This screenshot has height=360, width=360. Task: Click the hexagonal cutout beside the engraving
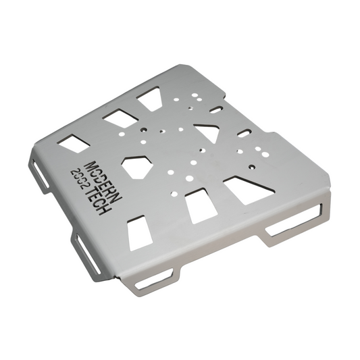point(137,167)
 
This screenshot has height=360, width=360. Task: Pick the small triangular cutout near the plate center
point(207,132)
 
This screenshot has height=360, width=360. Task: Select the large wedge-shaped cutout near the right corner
point(248,190)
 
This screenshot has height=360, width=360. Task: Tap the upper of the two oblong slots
point(217,109)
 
